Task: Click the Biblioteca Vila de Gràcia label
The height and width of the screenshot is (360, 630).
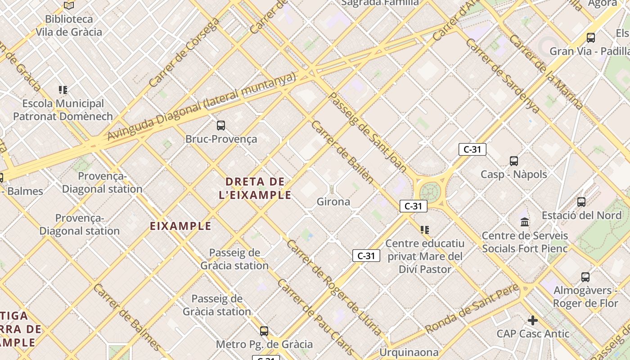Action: click(x=69, y=26)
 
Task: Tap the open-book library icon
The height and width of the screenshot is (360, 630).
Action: click(x=69, y=5)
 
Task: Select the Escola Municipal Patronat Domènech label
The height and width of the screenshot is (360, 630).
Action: click(x=63, y=110)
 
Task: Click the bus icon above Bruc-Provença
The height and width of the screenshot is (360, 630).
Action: click(x=221, y=125)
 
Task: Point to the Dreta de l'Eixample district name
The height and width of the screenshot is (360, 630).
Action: click(x=255, y=188)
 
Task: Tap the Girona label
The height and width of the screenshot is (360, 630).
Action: click(x=333, y=202)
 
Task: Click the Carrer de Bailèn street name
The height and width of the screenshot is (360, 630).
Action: click(x=342, y=152)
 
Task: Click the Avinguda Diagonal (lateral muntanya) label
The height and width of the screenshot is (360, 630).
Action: click(x=202, y=106)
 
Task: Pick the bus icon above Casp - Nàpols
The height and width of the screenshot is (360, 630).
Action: click(x=514, y=161)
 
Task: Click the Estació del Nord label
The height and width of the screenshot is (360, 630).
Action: click(x=581, y=215)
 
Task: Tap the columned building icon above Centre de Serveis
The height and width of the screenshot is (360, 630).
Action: click(x=525, y=222)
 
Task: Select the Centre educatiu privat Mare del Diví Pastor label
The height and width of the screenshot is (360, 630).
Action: click(x=425, y=256)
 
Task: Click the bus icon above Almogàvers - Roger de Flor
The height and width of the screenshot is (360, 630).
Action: click(x=585, y=277)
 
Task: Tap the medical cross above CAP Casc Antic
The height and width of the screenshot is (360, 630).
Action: click(x=533, y=320)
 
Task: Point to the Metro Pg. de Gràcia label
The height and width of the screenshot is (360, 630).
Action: click(x=264, y=344)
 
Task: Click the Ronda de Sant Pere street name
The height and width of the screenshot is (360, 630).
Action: click(x=472, y=309)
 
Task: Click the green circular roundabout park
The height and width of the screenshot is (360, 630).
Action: click(x=430, y=192)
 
